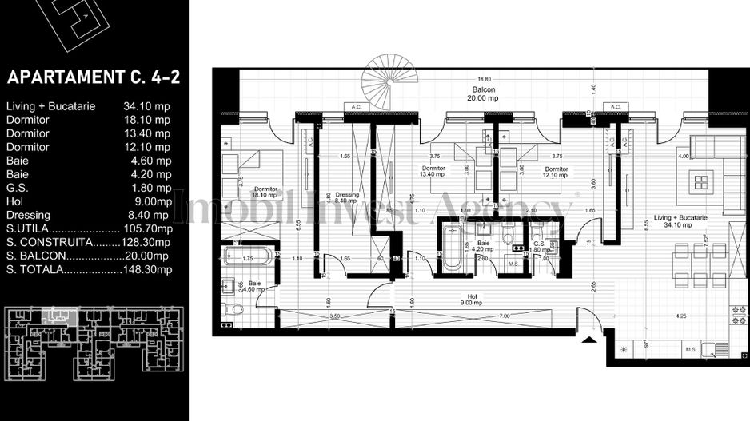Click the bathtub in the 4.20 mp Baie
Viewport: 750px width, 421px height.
450,248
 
